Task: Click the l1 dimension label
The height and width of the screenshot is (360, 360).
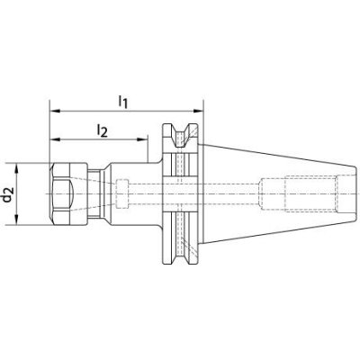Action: point(122,102)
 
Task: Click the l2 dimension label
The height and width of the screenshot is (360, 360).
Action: point(102,130)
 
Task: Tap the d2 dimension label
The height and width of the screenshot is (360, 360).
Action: point(8,193)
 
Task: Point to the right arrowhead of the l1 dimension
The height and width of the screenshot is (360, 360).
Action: point(197,111)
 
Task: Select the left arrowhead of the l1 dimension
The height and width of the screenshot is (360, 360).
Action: point(55,111)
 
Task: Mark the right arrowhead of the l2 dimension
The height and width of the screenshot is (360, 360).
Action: point(142,139)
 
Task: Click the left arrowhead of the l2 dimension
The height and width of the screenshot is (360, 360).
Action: point(55,139)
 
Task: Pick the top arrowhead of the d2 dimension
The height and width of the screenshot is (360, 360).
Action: point(16,169)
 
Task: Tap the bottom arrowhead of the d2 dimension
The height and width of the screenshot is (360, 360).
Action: point(16,219)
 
